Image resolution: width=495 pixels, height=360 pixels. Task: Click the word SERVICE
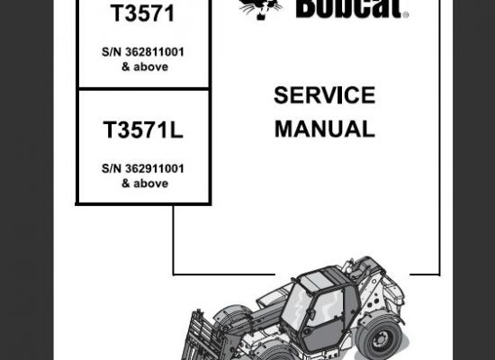coord(325,95)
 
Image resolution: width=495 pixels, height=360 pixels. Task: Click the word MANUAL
coord(325,129)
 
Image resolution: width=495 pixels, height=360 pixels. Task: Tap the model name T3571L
coord(143,130)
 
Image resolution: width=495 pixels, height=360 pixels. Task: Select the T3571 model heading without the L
coord(143,13)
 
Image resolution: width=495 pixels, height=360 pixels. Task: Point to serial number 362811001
coord(155,52)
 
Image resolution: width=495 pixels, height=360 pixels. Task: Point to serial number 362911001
coord(155,168)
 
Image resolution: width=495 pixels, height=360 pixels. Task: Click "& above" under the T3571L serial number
coord(145,184)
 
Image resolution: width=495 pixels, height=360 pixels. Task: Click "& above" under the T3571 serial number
coord(145,67)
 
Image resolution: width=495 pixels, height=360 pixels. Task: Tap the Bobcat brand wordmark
coord(349,8)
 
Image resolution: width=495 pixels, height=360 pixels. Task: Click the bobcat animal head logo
coord(260,8)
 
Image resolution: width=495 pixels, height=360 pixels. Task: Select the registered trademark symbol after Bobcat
coord(406,14)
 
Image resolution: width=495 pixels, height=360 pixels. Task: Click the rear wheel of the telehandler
coord(380,337)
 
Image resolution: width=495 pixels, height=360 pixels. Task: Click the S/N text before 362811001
coord(112,52)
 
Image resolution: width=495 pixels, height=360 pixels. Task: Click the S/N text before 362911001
coord(112,168)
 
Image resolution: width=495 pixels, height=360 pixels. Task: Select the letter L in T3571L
coord(176,130)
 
